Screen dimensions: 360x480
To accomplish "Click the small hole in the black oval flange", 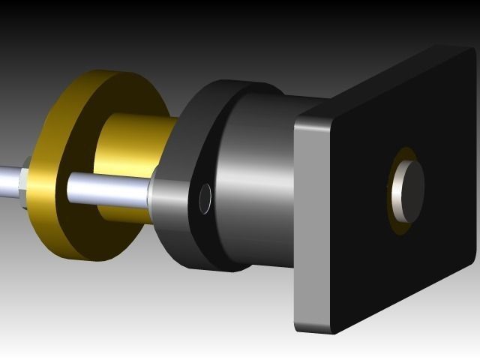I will pos(205,197).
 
